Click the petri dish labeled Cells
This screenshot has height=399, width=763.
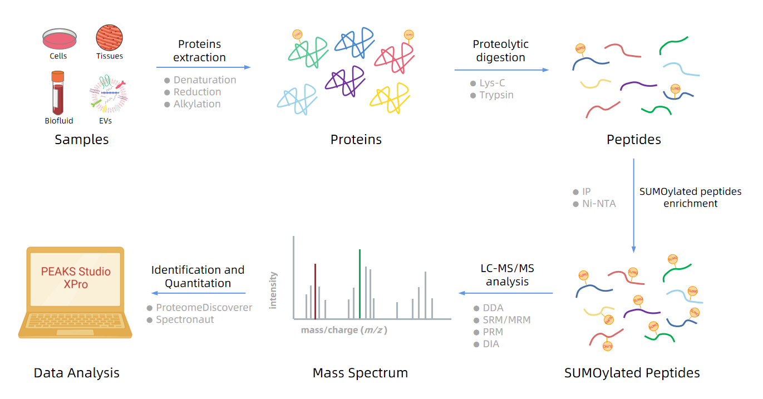click(x=58, y=39)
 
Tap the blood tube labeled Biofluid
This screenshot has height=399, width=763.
click(x=58, y=93)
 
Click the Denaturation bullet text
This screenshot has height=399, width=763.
click(x=204, y=80)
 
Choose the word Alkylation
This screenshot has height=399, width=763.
click(x=197, y=104)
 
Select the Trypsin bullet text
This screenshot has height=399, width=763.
click(x=496, y=95)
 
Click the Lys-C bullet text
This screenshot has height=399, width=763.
click(x=492, y=83)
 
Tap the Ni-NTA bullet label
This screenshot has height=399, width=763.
click(x=599, y=204)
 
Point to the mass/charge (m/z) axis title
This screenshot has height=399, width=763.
click(x=343, y=330)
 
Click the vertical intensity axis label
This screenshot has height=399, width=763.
click(x=273, y=290)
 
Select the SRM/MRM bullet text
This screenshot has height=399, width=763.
click(x=506, y=320)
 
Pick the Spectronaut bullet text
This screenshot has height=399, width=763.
click(x=185, y=320)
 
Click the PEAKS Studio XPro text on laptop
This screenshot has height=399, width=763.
click(x=76, y=278)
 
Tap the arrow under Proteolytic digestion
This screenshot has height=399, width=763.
click(x=501, y=70)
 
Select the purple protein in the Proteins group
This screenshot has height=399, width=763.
click(x=345, y=81)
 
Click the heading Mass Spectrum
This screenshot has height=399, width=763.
click(x=360, y=373)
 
